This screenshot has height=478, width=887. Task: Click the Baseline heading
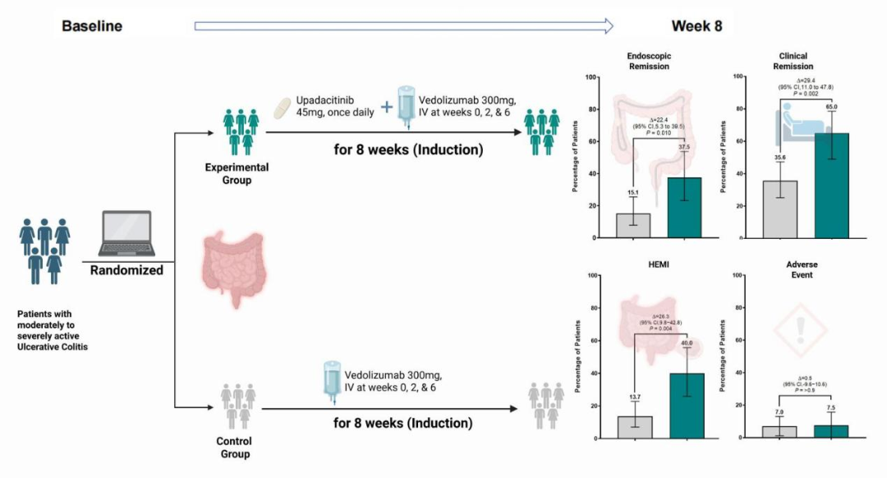(92, 26)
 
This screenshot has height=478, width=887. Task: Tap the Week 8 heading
(696, 26)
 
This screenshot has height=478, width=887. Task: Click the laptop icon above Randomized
(126, 233)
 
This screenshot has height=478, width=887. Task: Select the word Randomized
(126, 269)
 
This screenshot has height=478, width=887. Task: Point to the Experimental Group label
(237, 173)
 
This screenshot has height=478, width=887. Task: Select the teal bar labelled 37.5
(684, 208)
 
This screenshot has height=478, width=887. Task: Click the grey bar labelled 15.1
(632, 226)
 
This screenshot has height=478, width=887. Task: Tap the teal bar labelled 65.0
(831, 186)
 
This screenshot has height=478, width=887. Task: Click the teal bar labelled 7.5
(831, 431)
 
